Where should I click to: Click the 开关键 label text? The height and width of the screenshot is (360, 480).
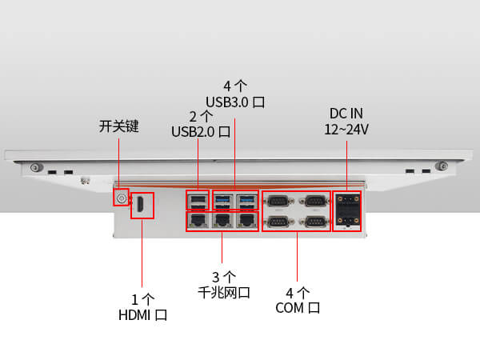click(x=119, y=126)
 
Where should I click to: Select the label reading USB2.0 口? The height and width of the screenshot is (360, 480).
click(x=202, y=131)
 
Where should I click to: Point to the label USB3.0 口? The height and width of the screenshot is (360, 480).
click(x=235, y=102)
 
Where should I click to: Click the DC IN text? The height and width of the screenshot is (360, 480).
click(x=346, y=113)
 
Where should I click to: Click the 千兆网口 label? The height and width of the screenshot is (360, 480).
click(x=224, y=293)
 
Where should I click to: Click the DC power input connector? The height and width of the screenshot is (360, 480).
click(x=346, y=210)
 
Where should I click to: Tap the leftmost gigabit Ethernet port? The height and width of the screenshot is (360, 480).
click(x=197, y=221)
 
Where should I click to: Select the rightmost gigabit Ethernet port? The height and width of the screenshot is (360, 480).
click(x=248, y=221)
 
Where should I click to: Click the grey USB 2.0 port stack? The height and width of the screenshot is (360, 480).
click(x=197, y=201)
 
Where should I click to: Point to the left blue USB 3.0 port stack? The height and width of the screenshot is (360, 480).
click(x=223, y=201)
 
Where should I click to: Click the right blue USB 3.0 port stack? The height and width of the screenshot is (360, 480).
click(x=248, y=201)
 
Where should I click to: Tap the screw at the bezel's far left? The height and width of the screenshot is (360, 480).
click(x=34, y=168)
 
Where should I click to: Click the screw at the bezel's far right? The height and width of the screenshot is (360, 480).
click(x=439, y=168)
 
